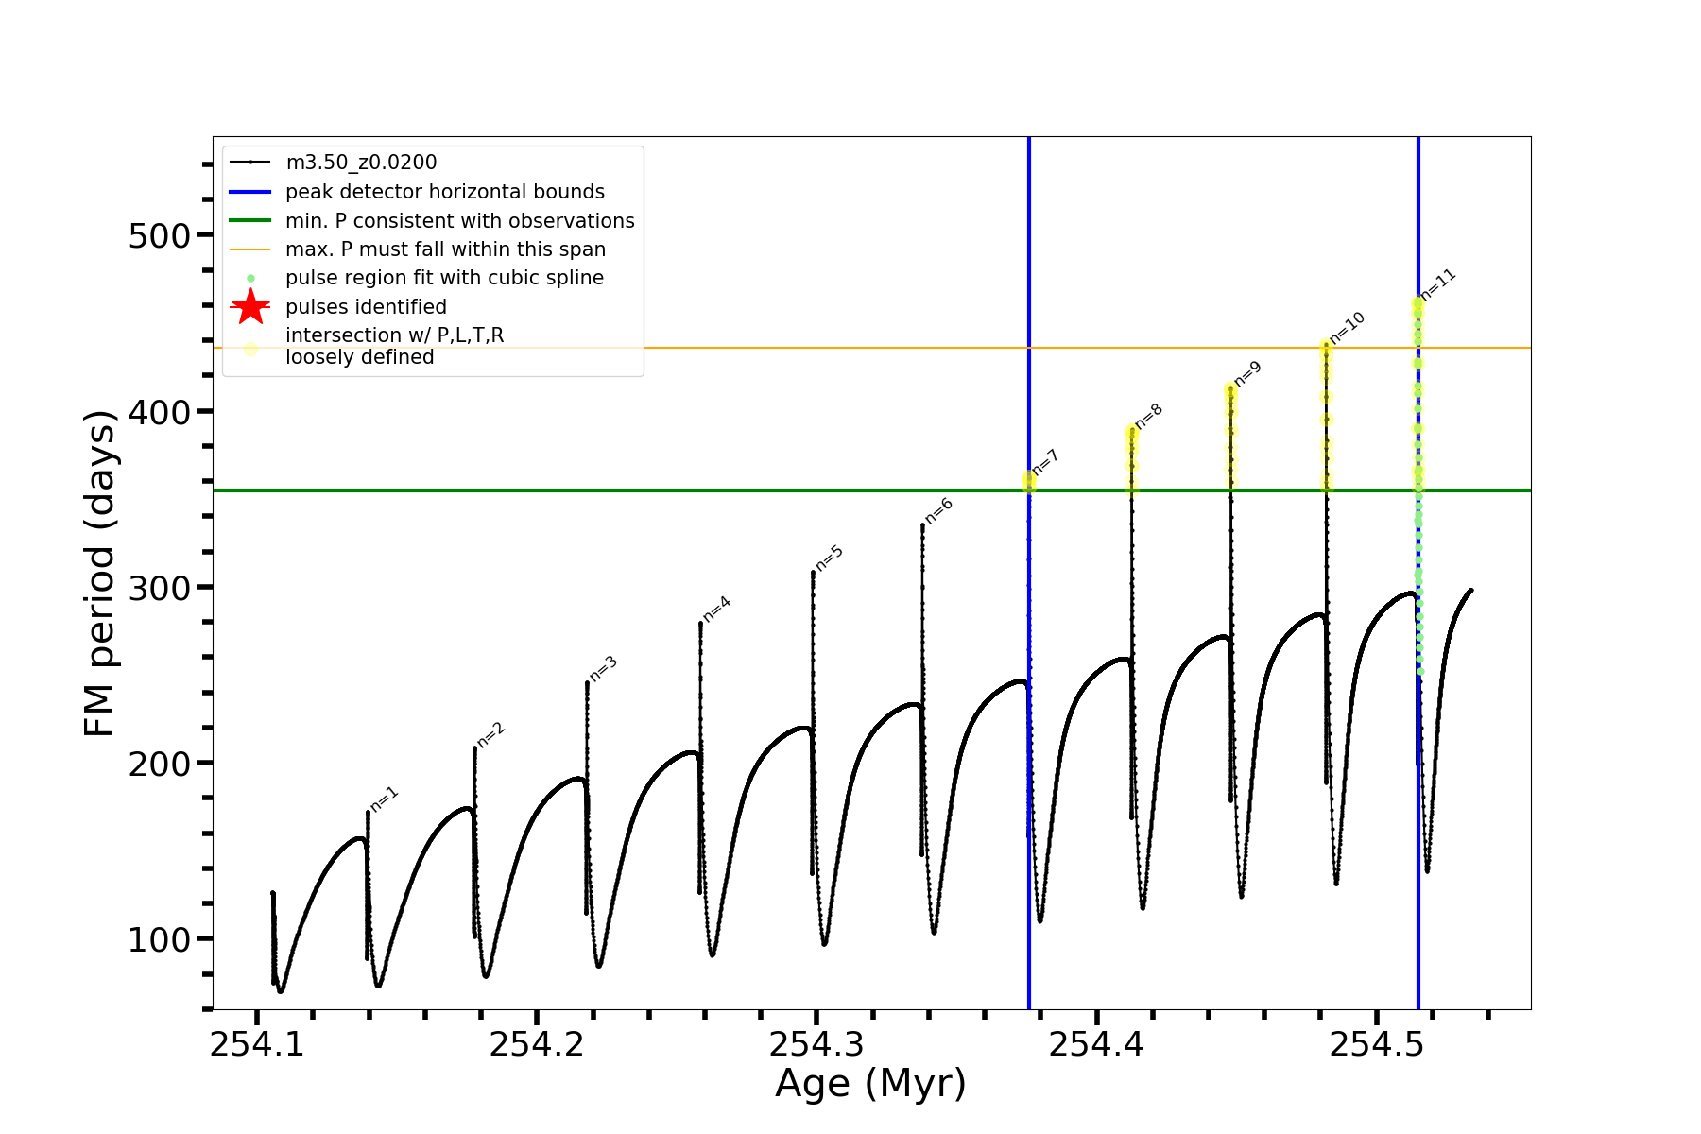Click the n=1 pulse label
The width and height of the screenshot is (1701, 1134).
coord(385,799)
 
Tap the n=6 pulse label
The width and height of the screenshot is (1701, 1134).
coord(938,510)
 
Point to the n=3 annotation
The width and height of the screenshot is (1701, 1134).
coord(603,667)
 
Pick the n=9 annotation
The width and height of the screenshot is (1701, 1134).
coord(1247,373)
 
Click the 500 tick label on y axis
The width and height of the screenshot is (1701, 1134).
coord(160,235)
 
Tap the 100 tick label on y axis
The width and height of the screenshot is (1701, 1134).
coord(160,939)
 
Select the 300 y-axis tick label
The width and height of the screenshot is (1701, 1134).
coord(160,587)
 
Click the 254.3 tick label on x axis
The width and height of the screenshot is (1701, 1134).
coord(816,1044)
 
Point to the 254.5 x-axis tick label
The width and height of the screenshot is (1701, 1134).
coord(1376,1044)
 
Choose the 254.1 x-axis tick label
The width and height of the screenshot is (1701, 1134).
coord(257,1044)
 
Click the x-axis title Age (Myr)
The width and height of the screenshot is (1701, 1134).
coord(870,1084)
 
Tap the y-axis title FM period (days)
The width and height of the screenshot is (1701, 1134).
coord(99,574)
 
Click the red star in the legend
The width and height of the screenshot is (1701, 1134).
coord(250,306)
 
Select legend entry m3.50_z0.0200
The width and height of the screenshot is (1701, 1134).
coord(361,163)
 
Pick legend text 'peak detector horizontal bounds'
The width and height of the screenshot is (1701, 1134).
coord(445,192)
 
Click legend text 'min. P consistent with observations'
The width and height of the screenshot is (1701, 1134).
coord(460,220)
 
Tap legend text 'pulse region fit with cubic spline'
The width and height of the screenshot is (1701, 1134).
coord(444,278)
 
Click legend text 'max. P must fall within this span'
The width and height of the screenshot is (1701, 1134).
coord(445,249)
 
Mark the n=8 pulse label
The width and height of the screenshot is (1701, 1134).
coord(1148,416)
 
